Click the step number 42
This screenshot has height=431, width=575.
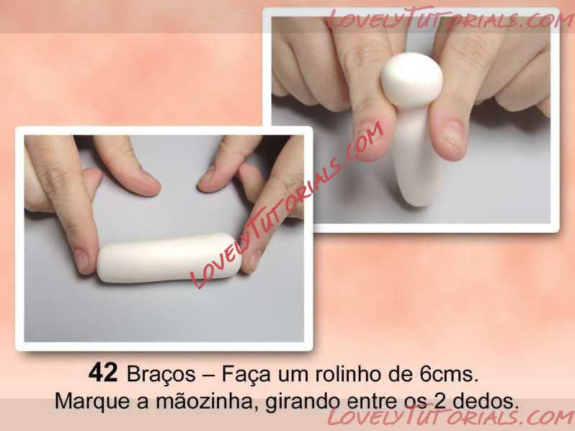(x=103, y=373)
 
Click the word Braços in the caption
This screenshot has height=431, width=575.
(x=161, y=375)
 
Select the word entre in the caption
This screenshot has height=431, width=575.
(x=372, y=401)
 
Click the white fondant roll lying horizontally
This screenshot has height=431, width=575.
(x=169, y=257)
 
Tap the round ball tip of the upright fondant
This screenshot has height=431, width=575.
(x=412, y=80)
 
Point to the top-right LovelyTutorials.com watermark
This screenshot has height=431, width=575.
(x=449, y=19)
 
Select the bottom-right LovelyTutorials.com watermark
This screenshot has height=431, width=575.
(x=450, y=416)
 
